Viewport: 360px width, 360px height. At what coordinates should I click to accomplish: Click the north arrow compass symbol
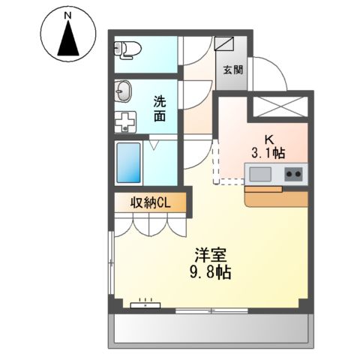point(68,39)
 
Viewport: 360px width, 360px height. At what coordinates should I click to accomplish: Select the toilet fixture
point(129,50)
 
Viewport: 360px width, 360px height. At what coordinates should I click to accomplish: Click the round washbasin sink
point(124,94)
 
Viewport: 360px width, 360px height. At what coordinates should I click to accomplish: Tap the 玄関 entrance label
point(231,70)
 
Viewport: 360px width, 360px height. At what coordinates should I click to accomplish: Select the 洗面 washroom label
point(160,108)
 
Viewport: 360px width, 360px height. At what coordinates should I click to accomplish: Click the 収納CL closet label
point(148,202)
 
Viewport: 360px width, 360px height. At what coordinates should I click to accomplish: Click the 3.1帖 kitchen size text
point(268,153)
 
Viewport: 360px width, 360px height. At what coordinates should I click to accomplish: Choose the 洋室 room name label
point(209,255)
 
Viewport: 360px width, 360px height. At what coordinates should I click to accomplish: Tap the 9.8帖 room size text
point(209,272)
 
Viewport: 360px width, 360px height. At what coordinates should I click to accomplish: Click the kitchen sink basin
point(261,175)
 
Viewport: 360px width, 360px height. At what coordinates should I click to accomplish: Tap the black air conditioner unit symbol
point(145,304)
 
